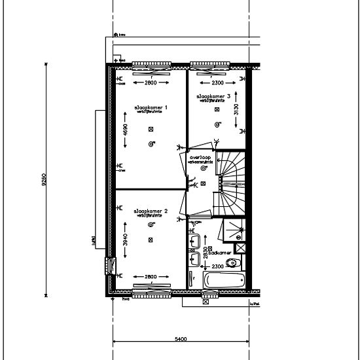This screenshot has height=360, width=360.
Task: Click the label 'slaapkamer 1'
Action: (x=151, y=107)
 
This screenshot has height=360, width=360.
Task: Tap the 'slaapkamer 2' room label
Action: (x=151, y=211)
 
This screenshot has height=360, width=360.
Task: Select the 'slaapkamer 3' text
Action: (x=211, y=96)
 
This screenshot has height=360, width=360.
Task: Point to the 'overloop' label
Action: (x=200, y=158)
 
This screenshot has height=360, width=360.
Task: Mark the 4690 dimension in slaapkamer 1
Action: (x=126, y=138)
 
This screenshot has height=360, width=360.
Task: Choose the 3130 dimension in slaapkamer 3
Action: (x=237, y=109)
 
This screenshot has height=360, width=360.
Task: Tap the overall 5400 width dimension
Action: (x=181, y=339)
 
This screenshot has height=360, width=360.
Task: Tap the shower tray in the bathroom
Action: (x=233, y=228)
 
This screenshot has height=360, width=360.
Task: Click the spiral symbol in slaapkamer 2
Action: (x=151, y=225)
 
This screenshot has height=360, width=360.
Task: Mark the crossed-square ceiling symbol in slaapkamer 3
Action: (x=217, y=109)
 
